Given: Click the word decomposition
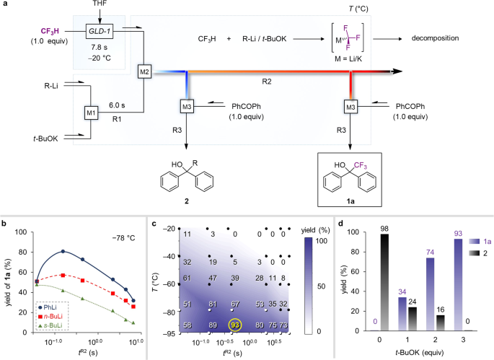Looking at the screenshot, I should tap(438, 38).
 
